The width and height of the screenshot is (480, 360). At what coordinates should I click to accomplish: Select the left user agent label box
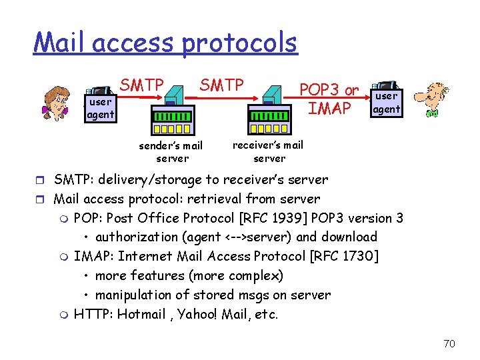[100, 109]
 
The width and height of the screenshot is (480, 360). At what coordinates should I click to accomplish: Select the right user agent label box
[386, 103]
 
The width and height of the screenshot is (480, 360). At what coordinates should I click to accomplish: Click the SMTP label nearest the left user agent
[142, 85]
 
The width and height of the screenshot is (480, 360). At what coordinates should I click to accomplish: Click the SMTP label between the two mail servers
[222, 85]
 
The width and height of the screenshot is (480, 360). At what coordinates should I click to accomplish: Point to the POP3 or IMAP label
[329, 99]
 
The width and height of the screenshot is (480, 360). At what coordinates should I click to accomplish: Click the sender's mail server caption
[171, 152]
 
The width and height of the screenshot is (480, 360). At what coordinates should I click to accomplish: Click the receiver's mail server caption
[269, 151]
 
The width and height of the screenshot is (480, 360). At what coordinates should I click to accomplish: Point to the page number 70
[449, 343]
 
